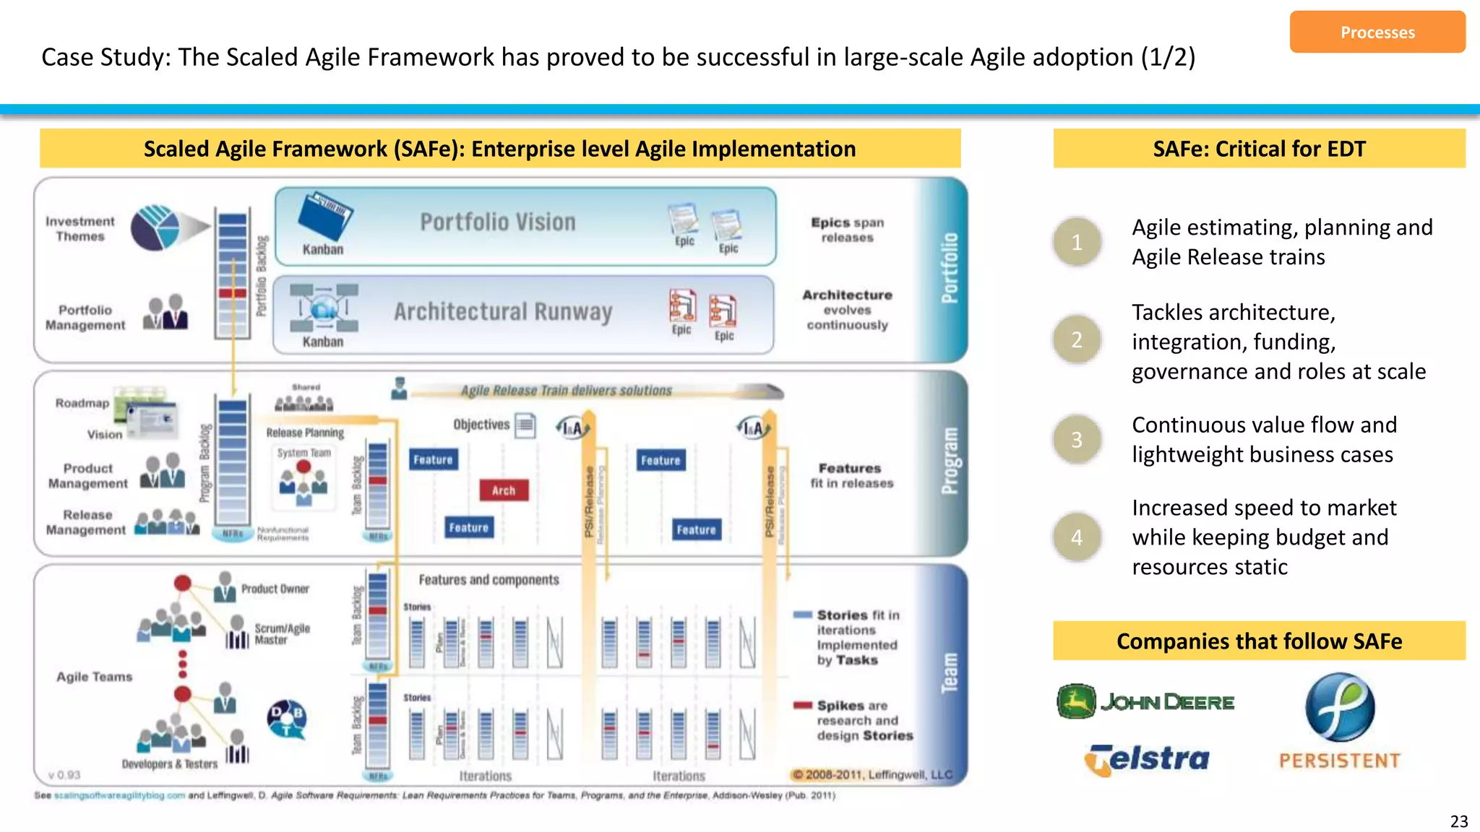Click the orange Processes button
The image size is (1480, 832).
coord(1377,32)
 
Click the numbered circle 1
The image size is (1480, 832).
coord(1077,242)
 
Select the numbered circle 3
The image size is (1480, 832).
coord(1077,439)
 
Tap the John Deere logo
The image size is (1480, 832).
coord(1145,701)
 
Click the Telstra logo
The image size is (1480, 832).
coord(1147,759)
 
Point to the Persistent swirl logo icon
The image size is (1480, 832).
coord(1339,708)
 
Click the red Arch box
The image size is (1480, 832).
coord(504,490)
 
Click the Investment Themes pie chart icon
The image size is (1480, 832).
coord(155,227)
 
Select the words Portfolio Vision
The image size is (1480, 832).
coord(498,222)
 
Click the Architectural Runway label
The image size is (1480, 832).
coord(503,312)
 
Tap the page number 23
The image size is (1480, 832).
coord(1458,821)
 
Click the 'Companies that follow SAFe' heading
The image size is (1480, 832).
coord(1259,641)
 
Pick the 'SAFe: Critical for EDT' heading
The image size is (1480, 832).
coord(1259,149)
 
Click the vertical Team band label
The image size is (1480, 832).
coord(949,673)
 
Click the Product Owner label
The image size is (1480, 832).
coord(275,589)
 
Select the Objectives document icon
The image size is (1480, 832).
coord(525,425)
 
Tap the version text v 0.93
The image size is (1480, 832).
coord(64,775)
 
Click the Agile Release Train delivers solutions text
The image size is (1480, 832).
coord(566,391)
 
